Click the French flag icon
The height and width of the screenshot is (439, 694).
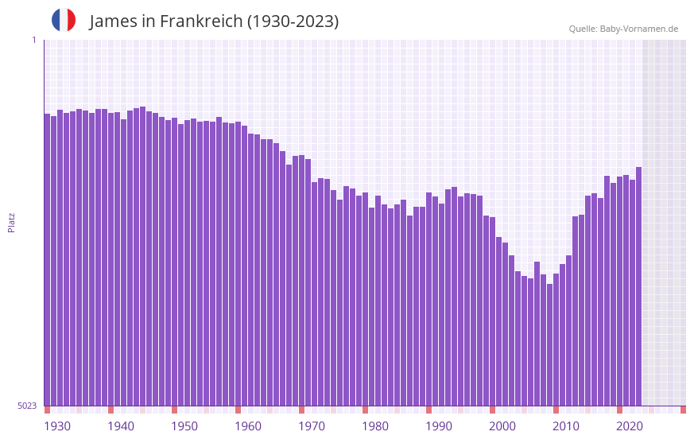64,20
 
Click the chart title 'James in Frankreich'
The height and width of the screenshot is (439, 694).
165,21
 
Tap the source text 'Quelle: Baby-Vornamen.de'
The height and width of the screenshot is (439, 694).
623,29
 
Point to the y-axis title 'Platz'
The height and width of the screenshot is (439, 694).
11,222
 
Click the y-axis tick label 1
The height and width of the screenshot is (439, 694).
33,40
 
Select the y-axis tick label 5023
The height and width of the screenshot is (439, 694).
27,406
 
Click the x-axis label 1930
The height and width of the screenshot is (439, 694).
57,426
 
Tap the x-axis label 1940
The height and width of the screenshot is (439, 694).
121,426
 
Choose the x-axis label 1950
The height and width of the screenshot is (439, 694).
184,426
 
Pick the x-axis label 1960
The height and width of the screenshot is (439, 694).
248,426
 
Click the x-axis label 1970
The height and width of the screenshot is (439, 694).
312,426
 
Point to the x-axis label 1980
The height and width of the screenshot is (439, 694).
375,426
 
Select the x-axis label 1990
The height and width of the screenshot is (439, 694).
439,426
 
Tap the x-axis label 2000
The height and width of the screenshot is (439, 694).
502,426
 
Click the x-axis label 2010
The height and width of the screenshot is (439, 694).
566,426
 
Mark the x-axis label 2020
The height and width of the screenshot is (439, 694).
630,426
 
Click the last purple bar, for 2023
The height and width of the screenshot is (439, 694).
638,286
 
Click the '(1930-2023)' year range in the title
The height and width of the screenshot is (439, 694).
293,21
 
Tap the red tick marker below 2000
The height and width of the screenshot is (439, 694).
493,410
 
